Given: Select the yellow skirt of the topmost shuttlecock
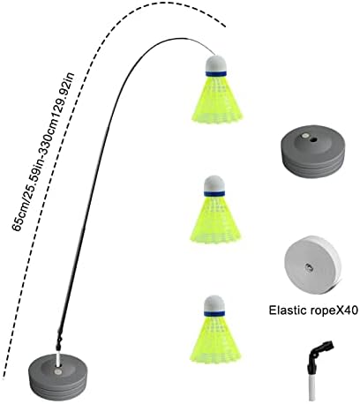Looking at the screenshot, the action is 217,100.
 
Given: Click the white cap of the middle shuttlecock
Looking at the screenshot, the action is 214,184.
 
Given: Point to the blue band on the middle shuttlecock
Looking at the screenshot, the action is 214,194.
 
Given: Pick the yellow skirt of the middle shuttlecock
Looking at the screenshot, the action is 215,219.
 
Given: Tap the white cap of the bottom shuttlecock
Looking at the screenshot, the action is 214,303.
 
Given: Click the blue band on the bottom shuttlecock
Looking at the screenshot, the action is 214,314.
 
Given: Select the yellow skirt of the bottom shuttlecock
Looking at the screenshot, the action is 215,339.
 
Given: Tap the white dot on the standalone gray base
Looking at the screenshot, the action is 305,136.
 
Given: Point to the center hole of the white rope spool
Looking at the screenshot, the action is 309,267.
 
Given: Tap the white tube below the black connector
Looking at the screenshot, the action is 312,385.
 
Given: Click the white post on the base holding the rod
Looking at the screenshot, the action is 58,357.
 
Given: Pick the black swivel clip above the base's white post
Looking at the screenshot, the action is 59,341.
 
